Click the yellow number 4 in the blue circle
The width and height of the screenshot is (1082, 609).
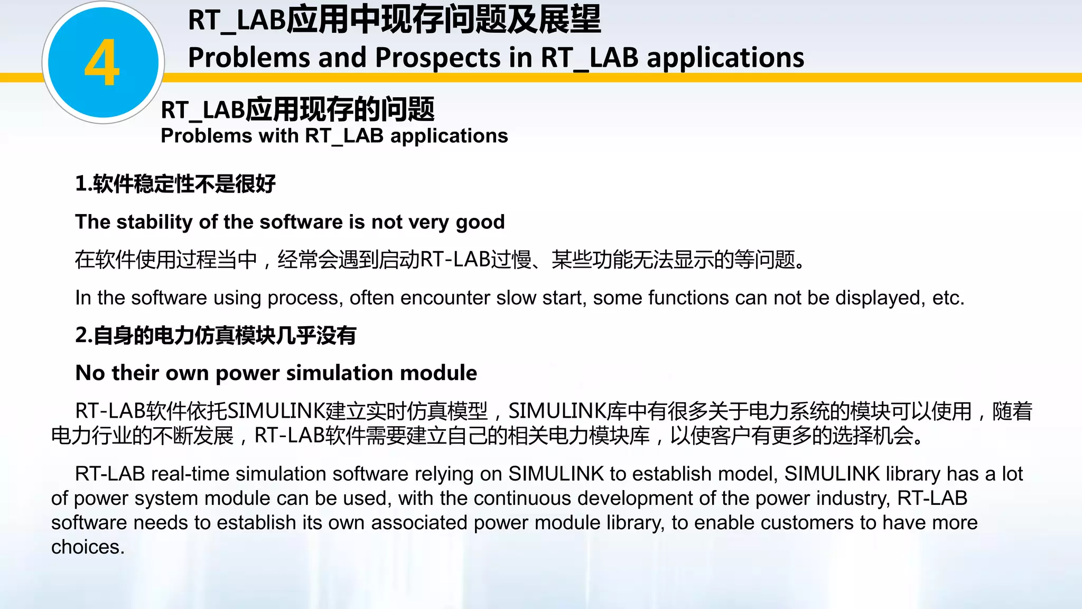pyautogui.click(x=102, y=63)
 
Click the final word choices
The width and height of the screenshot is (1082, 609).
pyautogui.click(x=88, y=547)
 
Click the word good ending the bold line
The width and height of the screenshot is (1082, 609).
pyautogui.click(x=480, y=222)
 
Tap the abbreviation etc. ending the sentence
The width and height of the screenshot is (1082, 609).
pyautogui.click(x=948, y=298)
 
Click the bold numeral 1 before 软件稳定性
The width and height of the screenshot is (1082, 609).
pyautogui.click(x=81, y=184)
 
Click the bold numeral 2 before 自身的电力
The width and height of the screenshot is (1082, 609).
pyautogui.click(x=81, y=335)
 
